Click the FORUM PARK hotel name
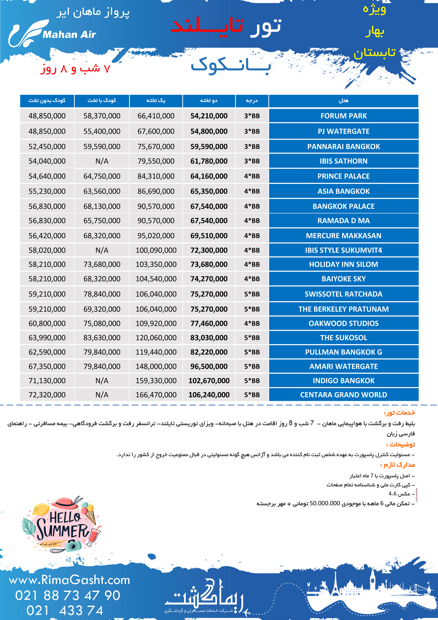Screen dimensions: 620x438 [343, 116]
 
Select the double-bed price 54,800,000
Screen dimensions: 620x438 [209, 131]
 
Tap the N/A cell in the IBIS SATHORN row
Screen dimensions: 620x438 [102, 161]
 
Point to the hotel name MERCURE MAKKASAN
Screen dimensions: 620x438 [343, 236]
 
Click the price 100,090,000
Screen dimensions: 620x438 [156, 250]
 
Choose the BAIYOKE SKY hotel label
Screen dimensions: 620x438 [343, 279]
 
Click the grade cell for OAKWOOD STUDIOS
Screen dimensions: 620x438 [252, 323]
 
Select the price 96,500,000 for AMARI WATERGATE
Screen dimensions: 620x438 [209, 366]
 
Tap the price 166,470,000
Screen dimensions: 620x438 [156, 395]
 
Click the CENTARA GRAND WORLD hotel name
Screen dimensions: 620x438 [343, 395]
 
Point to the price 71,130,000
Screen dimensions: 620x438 [47, 381]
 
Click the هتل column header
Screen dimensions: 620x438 [343, 101]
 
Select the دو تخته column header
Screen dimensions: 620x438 [209, 101]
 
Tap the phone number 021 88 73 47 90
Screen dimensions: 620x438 [67, 595]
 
